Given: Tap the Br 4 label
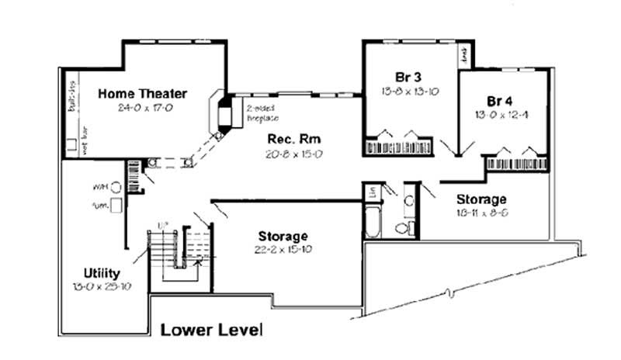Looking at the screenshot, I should tap(501, 101).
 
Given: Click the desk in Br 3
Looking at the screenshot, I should tap(463, 54).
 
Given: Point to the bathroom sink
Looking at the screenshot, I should tap(408, 201).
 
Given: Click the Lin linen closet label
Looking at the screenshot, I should tap(373, 191).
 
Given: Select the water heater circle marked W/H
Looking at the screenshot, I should tap(116, 187).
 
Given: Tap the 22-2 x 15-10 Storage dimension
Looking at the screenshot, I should tap(282, 250).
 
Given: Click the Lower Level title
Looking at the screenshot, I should tap(211, 330).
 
